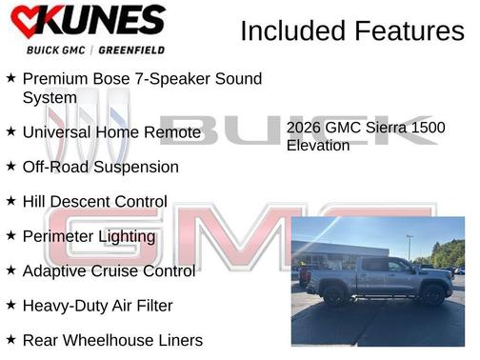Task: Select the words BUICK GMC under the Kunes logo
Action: [x=53, y=50]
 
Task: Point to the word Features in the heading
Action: [x=410, y=31]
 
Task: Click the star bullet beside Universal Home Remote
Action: [x=10, y=131]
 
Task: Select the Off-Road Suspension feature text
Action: [x=100, y=167]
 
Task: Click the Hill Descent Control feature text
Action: [x=94, y=202]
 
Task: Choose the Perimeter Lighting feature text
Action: [x=89, y=236]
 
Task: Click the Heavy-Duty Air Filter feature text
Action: [x=97, y=306]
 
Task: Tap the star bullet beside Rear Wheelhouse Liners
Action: [x=10, y=340]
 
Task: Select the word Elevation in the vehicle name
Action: [x=318, y=146]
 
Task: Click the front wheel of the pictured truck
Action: [x=433, y=295]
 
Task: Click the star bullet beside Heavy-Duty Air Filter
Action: [x=10, y=306]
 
